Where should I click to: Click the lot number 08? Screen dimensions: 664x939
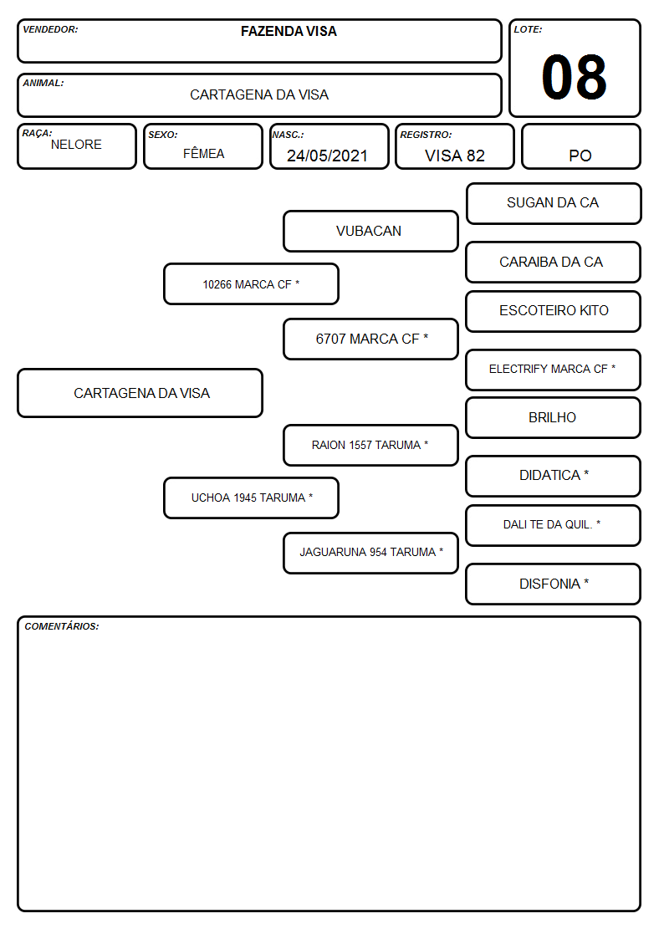tap(574, 77)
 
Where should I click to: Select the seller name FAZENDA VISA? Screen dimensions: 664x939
tap(289, 31)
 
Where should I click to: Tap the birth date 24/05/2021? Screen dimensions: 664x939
tap(327, 156)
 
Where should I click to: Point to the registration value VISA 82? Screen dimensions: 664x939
tap(454, 156)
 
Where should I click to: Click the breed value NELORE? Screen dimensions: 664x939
tap(76, 145)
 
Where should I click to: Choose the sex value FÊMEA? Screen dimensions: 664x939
tap(203, 153)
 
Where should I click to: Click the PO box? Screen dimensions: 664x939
tap(580, 146)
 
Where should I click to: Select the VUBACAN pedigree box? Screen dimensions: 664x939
tap(370, 231)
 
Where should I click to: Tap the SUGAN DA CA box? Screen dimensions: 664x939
tap(554, 204)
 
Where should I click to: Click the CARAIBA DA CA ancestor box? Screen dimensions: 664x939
tap(554, 263)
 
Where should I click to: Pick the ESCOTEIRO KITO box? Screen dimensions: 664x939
tap(554, 311)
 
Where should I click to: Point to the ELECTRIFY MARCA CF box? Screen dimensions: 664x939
tap(554, 370)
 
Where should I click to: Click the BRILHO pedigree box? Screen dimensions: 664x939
tap(554, 418)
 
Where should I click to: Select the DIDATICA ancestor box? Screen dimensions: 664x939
tap(554, 476)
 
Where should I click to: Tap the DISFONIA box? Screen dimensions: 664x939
tap(554, 584)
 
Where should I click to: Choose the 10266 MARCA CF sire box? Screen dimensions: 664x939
tap(251, 283)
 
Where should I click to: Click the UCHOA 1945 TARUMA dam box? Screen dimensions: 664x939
tap(251, 498)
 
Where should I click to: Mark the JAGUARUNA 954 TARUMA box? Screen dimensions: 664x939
tap(370, 553)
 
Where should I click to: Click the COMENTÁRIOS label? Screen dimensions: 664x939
tap(62, 626)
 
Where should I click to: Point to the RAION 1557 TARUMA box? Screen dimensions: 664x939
tap(370, 446)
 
